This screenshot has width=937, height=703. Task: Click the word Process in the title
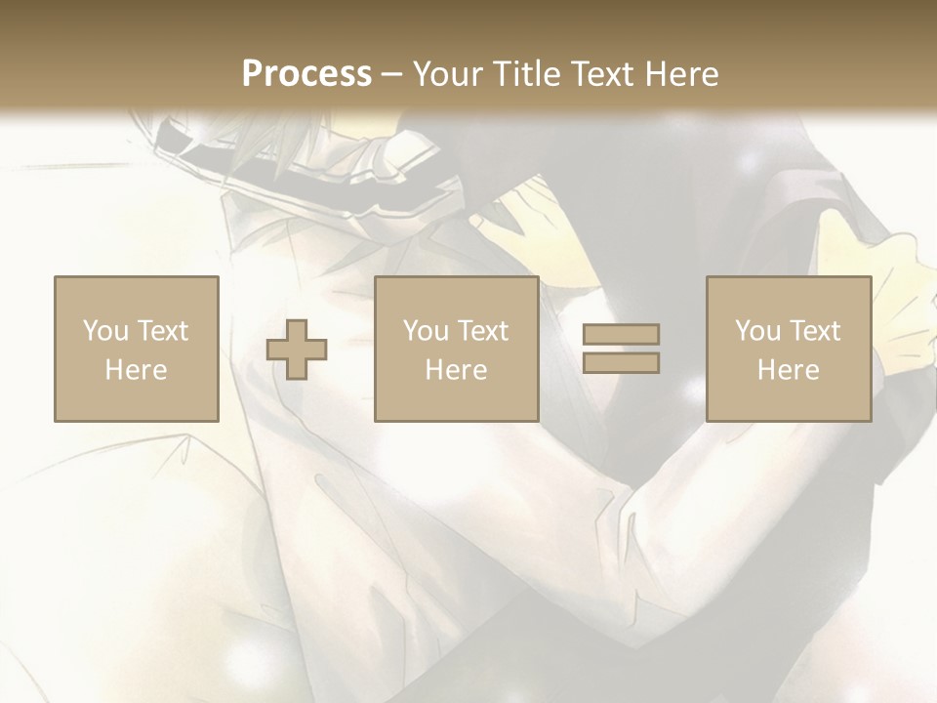pos(306,74)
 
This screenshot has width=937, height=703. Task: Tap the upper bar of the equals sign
pos(621,335)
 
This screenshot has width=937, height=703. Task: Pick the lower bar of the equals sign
pos(621,363)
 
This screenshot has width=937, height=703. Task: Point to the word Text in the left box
pos(162,331)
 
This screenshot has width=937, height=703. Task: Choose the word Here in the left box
pos(136,370)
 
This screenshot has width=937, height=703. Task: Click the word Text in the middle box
pos(482,331)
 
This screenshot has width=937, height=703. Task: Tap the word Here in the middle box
pos(456,370)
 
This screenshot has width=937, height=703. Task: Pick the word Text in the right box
pos(815,331)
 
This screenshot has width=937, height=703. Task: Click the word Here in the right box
pos(788,370)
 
